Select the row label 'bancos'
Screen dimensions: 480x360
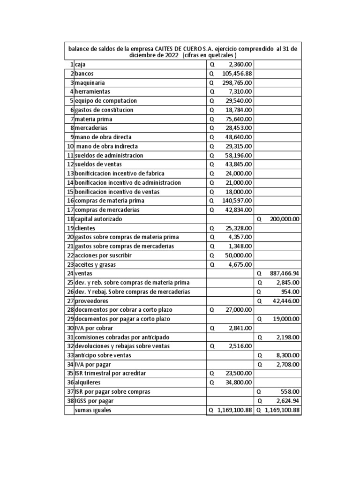(x=85, y=74)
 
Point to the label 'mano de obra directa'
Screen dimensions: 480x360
(x=103, y=137)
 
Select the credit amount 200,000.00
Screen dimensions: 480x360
(x=283, y=219)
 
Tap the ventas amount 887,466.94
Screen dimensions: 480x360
(x=283, y=273)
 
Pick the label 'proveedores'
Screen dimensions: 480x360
(x=91, y=300)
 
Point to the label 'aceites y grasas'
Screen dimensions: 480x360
(x=95, y=264)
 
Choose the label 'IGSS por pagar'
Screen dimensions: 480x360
(x=94, y=401)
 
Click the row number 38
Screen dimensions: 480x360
(x=70, y=401)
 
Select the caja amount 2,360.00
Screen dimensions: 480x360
(x=239, y=64)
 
